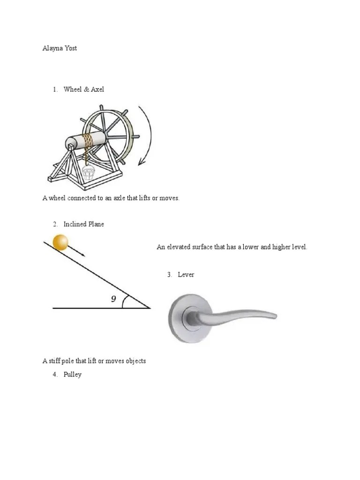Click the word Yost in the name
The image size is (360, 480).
(71, 48)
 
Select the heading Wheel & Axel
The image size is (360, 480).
(84, 89)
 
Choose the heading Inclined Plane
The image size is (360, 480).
(84, 224)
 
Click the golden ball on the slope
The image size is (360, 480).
(60, 242)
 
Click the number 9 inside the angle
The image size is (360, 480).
(113, 299)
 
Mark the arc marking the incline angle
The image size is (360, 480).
(124, 302)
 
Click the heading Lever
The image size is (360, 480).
(186, 275)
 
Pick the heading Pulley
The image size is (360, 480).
(73, 375)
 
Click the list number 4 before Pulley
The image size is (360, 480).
(55, 375)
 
